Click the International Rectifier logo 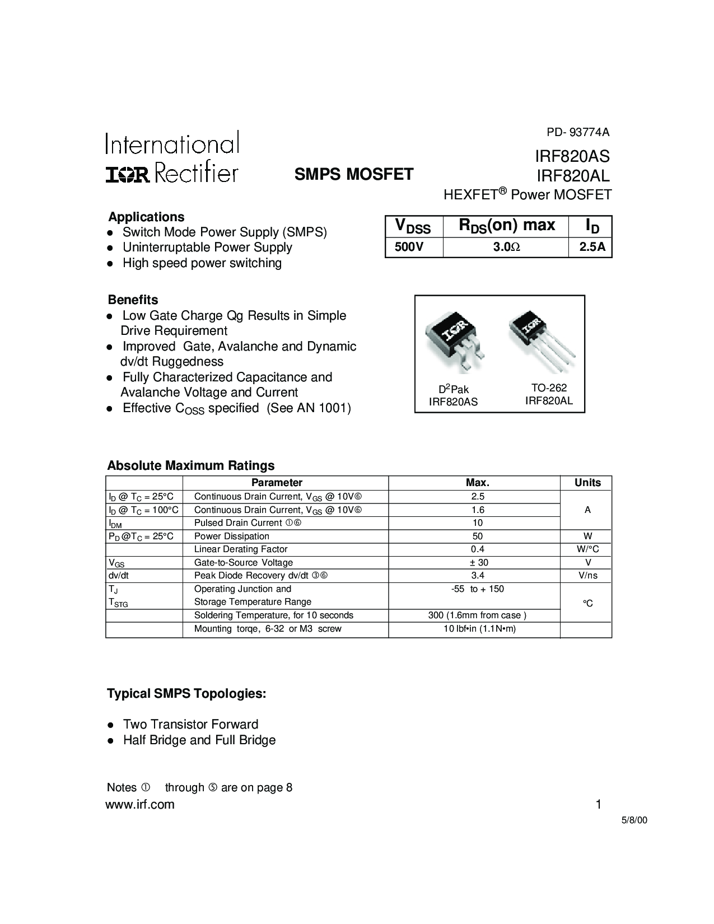point(172,157)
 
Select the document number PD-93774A point(578,133)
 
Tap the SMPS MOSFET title point(354,174)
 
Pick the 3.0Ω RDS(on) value point(506,247)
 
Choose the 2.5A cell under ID point(592,247)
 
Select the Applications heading point(146,217)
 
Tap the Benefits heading point(133,300)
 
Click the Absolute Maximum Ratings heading point(190,465)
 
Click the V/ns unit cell point(587,576)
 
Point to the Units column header point(587,483)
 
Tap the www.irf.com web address point(140,805)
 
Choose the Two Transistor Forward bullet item point(190,724)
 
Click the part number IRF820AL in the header point(573,176)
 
